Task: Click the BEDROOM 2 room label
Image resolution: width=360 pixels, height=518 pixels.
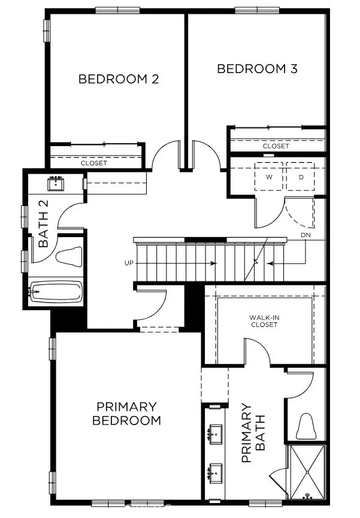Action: (119, 79)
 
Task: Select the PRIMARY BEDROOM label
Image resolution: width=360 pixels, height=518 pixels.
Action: (126, 413)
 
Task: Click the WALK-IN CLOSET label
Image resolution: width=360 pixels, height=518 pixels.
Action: (264, 321)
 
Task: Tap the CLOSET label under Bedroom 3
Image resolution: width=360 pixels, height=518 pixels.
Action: (276, 146)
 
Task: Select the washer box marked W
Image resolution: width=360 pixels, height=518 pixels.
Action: (270, 177)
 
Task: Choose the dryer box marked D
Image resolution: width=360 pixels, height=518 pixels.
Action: (302, 177)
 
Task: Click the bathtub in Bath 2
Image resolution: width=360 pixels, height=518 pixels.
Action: (56, 293)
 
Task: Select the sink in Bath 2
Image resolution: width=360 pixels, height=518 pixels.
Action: (58, 183)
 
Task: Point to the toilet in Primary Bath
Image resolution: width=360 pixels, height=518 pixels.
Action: (305, 426)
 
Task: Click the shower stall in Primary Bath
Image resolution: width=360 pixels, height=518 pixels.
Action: (307, 472)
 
